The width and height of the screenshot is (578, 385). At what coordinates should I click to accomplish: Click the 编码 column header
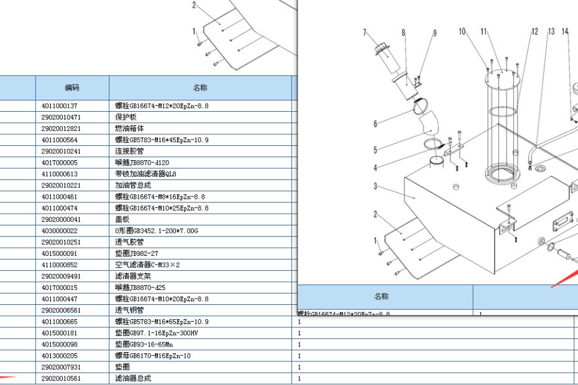pyautogui.click(x=72, y=88)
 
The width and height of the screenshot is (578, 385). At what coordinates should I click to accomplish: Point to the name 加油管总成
pyautogui.click(x=133, y=185)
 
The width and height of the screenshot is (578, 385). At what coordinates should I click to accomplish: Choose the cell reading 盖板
pyautogui.click(x=122, y=219)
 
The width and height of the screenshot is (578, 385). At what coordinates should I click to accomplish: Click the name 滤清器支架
pyautogui.click(x=133, y=276)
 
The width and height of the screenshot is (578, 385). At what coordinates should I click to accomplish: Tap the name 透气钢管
pyautogui.click(x=129, y=310)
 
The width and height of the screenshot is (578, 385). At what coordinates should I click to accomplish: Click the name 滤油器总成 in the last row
pyautogui.click(x=133, y=378)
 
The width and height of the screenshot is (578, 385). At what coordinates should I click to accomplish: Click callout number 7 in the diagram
pyautogui.click(x=365, y=33)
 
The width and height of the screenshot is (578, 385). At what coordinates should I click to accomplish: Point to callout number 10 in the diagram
pyautogui.click(x=462, y=31)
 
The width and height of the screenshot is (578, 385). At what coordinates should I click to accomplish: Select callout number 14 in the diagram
pyautogui.click(x=564, y=31)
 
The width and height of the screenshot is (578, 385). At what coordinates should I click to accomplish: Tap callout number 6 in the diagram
pyautogui.click(x=375, y=124)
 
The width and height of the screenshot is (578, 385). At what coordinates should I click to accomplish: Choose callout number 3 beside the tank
pyautogui.click(x=375, y=186)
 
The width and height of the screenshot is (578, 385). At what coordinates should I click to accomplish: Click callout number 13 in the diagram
pyautogui.click(x=551, y=32)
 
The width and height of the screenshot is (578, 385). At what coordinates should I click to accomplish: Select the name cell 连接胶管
pyautogui.click(x=129, y=151)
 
